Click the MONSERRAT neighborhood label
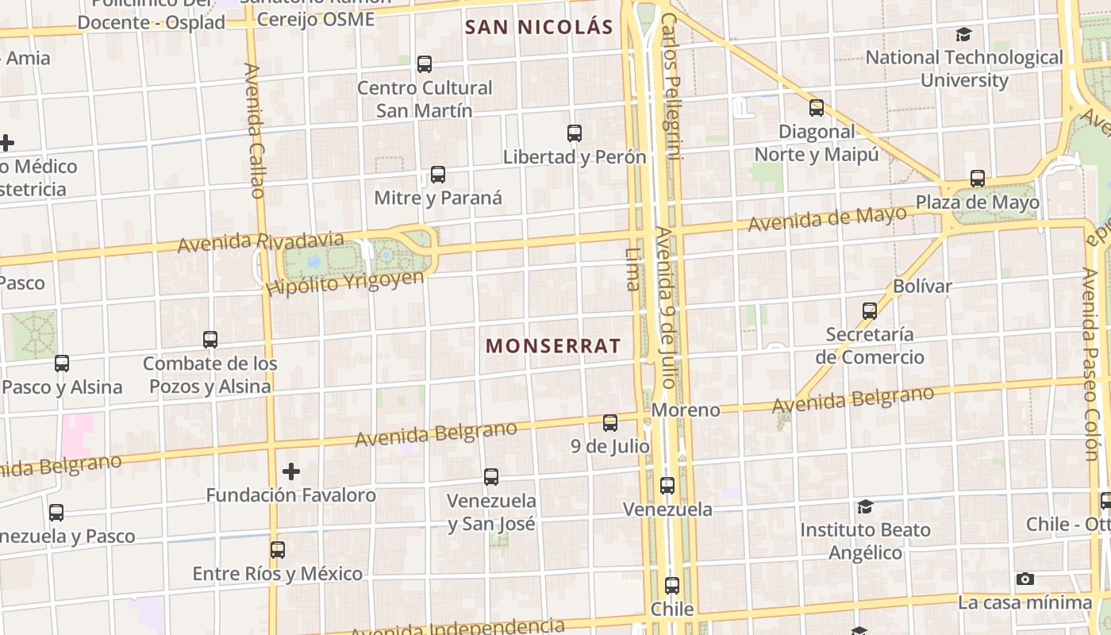[552, 346]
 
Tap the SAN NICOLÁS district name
[539, 27]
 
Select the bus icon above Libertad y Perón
[575, 133]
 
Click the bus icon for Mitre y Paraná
[437, 175]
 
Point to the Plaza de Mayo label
[978, 202]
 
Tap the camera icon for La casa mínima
[1025, 579]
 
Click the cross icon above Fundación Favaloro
[291, 471]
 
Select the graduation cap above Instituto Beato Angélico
[865, 506]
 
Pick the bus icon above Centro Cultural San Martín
[425, 64]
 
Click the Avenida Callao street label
[255, 131]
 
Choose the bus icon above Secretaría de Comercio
[870, 310]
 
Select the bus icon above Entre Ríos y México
[277, 549]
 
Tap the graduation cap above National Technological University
[963, 35]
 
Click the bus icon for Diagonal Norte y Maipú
[816, 108]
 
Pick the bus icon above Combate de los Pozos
[210, 340]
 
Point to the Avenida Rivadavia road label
[261, 241]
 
